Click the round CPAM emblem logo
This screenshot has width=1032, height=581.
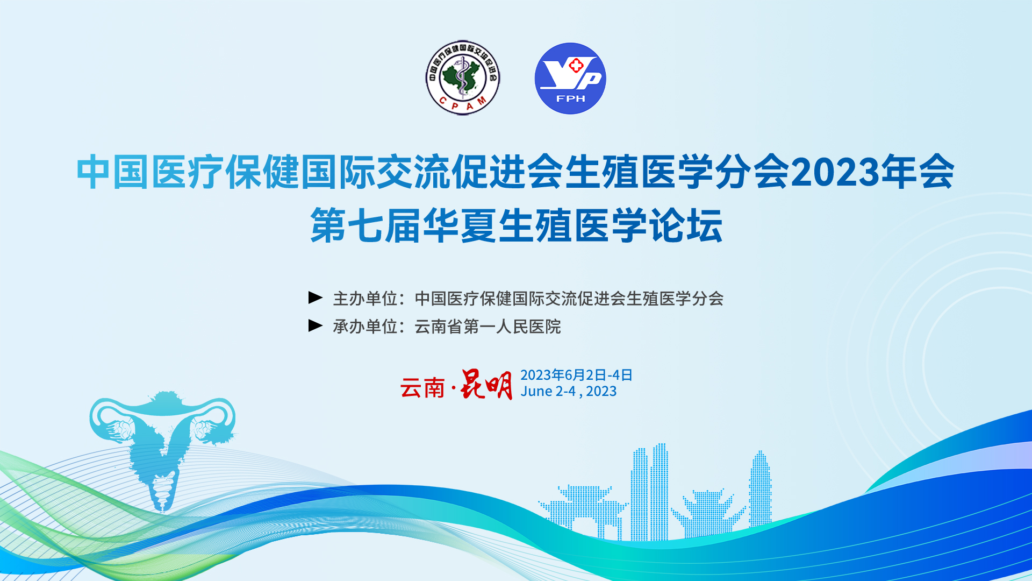(463, 78)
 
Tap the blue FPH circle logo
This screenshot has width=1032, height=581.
(570, 79)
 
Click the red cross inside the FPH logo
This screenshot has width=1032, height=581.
(576, 66)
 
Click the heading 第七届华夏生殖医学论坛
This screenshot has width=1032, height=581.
(517, 226)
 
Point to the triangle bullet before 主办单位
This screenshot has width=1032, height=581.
(316, 297)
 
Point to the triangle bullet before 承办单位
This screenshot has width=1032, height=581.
(316, 325)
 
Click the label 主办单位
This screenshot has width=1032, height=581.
(365, 298)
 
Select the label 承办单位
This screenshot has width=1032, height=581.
(365, 326)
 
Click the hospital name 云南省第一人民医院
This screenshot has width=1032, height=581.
(488, 326)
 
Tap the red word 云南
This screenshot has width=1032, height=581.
(422, 388)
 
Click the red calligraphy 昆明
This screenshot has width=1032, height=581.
(486, 385)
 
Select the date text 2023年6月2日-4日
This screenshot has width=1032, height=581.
(576, 375)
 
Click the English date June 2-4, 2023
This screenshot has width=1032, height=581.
(568, 392)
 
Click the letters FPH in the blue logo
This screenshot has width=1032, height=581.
(570, 98)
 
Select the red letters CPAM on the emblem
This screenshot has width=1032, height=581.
(463, 104)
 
